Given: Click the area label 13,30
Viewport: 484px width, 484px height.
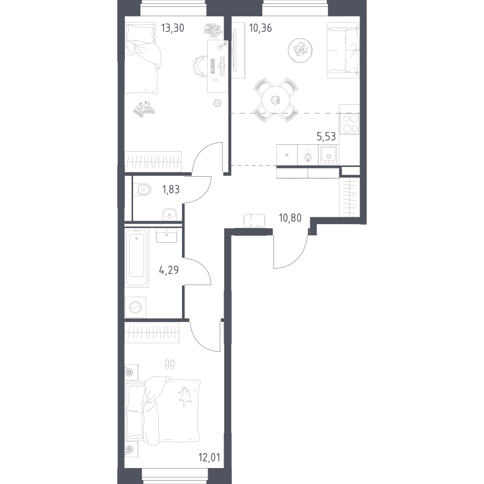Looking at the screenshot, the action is pos(173,28).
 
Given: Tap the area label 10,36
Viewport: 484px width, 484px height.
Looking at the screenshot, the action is pos(260,28).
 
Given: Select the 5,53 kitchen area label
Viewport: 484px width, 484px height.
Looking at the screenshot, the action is pos(326,136).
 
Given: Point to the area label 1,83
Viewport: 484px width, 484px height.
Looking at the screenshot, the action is pos(171,189).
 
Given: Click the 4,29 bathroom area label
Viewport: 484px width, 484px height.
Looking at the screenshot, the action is pos(168,271).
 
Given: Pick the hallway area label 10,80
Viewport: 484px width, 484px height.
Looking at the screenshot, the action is pos(290,218).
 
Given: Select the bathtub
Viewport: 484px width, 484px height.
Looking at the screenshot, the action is pos(137,257).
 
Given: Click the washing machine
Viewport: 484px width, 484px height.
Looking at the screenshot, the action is pos(136,307).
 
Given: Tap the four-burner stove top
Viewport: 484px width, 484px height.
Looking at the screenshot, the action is pos(350,123).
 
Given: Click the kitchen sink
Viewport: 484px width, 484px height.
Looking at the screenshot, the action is pos(329,155).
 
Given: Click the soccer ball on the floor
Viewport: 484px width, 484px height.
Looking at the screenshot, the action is pos(217,103).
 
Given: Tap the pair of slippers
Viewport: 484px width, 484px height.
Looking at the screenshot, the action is pos(170,364).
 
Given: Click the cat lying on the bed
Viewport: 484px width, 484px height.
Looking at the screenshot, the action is pos(184,394).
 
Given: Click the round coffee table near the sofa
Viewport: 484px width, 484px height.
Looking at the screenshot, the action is pos(300,50).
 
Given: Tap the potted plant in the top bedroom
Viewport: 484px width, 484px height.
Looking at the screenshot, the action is pos(212,30).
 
